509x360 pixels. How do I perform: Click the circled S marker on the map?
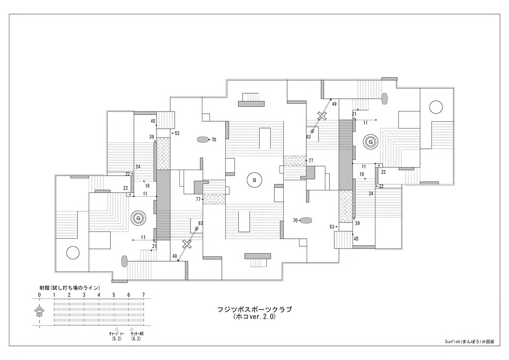coord(254,180)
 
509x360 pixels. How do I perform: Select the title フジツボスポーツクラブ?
coord(255,310)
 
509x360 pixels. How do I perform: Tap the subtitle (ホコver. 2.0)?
coord(255,317)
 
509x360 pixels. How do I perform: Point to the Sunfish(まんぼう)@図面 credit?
coord(470,342)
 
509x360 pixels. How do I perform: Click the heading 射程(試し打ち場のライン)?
coord(70,288)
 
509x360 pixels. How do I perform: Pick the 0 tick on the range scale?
coord(39,295)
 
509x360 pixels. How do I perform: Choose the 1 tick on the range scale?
coord(54,295)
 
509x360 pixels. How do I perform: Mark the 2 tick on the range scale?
coord(69,295)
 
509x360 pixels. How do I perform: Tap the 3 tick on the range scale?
coord(84,295)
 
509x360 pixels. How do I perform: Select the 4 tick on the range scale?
coord(99,295)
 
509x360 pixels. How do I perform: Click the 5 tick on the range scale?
coord(114,295)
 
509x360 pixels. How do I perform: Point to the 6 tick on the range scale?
coord(129,295)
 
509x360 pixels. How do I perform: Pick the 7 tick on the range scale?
coord(143,295)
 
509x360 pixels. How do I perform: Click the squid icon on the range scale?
coord(39,311)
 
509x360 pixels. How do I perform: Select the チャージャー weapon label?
coord(117,334)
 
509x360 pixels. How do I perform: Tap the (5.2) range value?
coord(117,339)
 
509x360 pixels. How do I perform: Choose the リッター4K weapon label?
coord(137,334)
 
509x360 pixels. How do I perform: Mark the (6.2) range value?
coord(136,339)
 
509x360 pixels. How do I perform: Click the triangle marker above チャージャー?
coord(117,329)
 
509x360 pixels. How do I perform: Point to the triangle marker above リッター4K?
coord(131,329)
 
